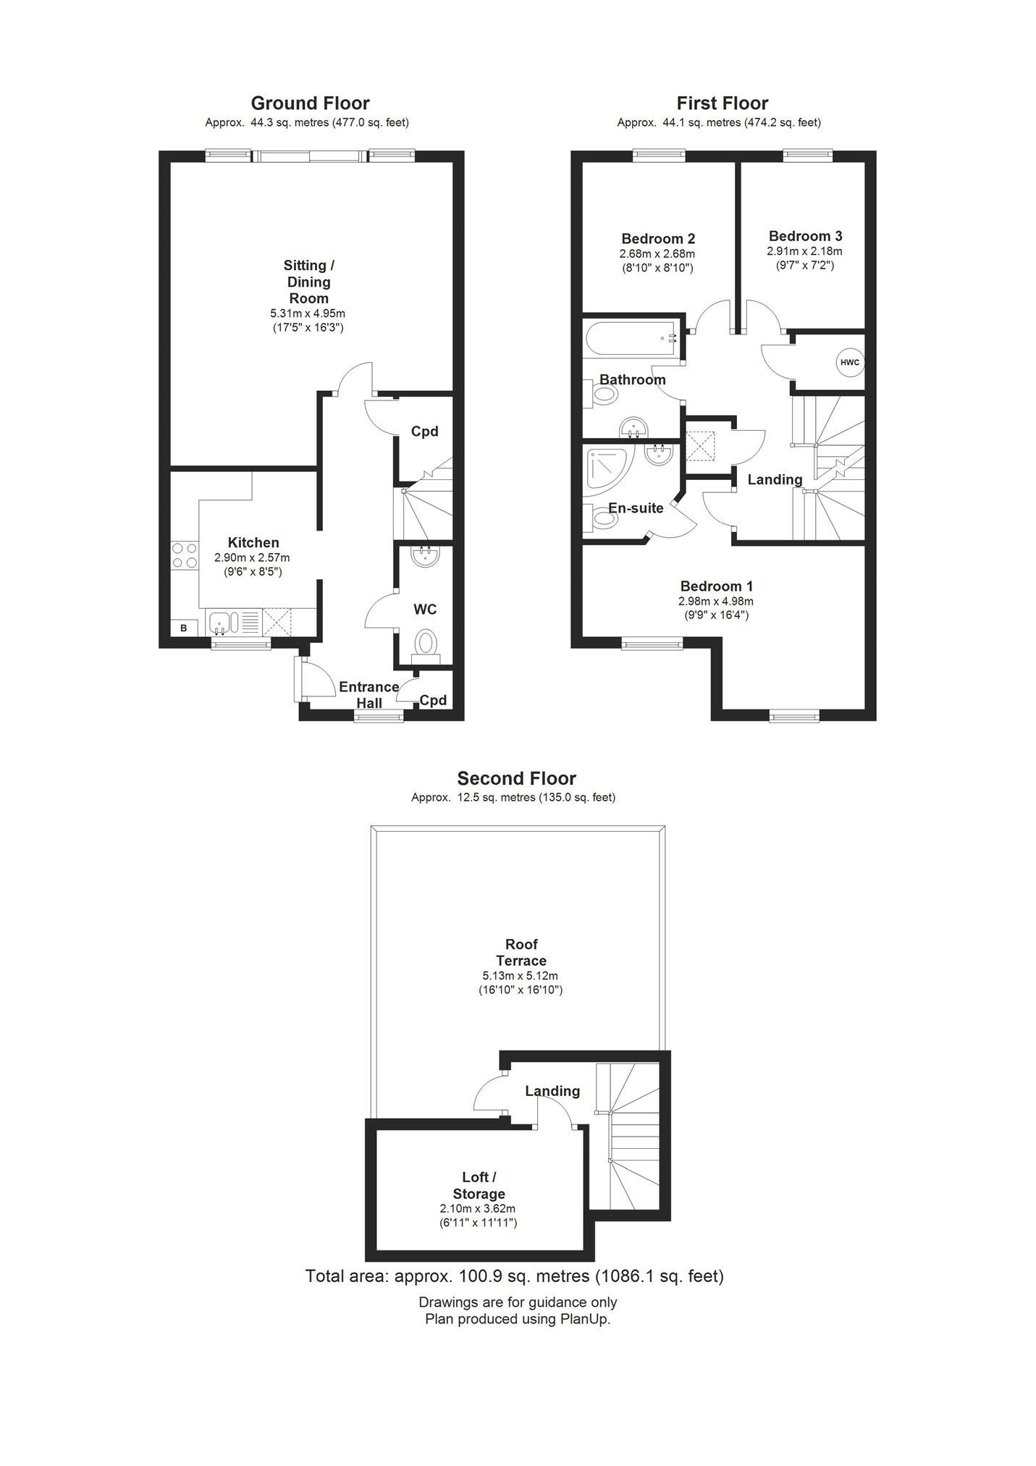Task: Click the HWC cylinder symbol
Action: click(x=850, y=362)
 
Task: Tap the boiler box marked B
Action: click(x=184, y=628)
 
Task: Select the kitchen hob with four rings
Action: click(x=185, y=555)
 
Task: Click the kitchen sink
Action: click(x=233, y=622)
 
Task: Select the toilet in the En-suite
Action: click(x=600, y=519)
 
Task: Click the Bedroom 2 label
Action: click(x=658, y=238)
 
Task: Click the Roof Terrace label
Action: click(x=521, y=952)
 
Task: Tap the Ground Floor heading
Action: click(x=310, y=103)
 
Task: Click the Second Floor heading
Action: click(x=516, y=778)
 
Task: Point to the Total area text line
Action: click(x=515, y=1276)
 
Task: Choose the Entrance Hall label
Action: click(x=369, y=694)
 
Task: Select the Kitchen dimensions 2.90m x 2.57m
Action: click(x=251, y=557)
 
